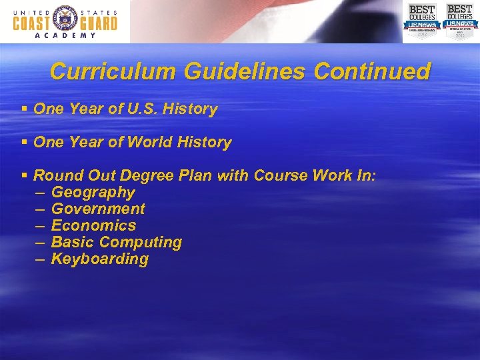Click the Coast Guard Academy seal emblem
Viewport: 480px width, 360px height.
pyautogui.click(x=65, y=21)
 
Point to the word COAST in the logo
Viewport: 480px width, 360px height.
pyautogui.click(x=33, y=23)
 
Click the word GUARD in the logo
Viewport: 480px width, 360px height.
pyautogui.click(x=97, y=23)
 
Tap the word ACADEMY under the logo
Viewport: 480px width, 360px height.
pyautogui.click(x=65, y=36)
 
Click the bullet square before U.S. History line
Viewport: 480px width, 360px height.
pyautogui.click(x=24, y=109)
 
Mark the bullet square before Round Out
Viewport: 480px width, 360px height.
pyautogui.click(x=24, y=175)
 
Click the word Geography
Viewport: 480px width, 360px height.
pyautogui.click(x=93, y=193)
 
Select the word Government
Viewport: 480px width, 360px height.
pyautogui.click(x=98, y=209)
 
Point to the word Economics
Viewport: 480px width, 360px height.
pyautogui.click(x=93, y=225)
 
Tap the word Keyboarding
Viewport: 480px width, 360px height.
pyautogui.click(x=100, y=259)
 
